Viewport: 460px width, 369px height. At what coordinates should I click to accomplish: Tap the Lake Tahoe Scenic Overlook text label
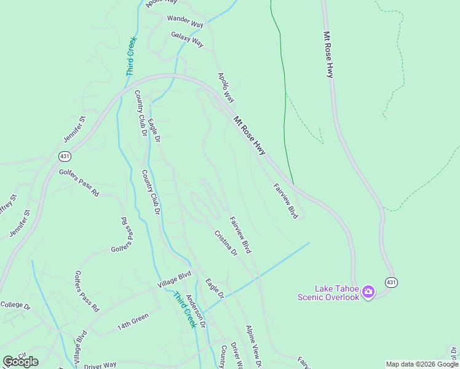328,293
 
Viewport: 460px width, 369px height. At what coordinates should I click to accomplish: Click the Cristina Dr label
226,243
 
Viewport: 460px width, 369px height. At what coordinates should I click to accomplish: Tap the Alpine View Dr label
254,347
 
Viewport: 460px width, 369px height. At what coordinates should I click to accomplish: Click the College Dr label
15,304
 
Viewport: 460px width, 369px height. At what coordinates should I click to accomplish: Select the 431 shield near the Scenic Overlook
391,282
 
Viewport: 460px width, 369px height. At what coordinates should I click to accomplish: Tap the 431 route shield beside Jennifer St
65,156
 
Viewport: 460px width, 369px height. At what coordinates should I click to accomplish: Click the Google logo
20,361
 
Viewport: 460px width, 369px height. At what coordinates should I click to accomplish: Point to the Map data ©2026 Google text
422,364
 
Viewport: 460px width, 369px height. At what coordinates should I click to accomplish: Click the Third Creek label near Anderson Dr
184,309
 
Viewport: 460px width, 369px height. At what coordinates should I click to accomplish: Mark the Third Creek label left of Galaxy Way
132,57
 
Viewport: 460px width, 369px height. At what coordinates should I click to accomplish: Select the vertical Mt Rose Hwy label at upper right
329,54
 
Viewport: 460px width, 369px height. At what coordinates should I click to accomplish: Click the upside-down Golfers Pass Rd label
127,230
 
